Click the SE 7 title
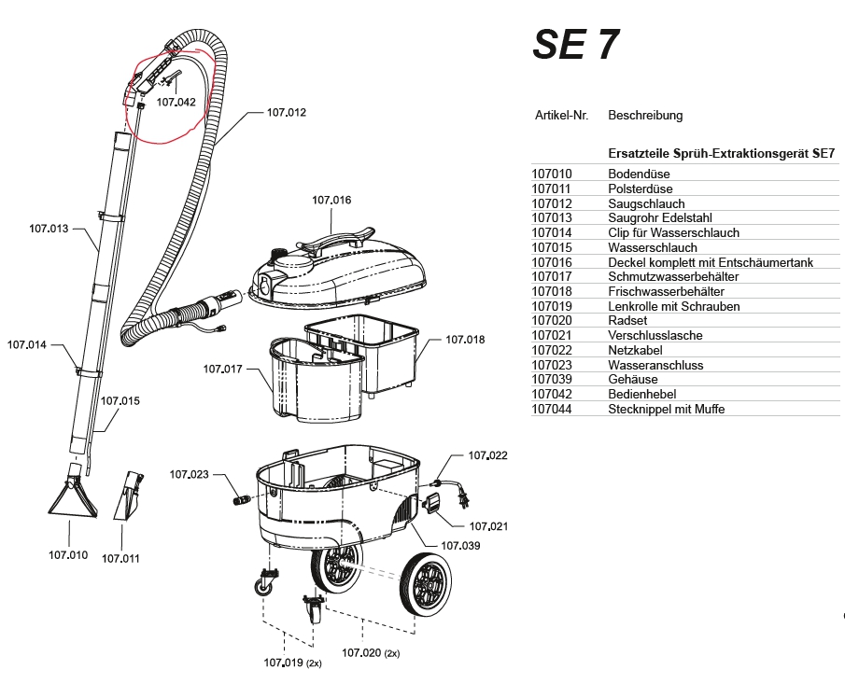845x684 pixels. tap(575, 44)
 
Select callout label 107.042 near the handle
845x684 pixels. tap(176, 102)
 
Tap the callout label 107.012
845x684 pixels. tap(286, 112)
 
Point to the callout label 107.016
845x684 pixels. tap(331, 200)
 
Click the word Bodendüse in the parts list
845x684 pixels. tap(639, 174)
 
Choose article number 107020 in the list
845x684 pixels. tap(551, 320)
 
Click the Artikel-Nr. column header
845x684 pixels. tap(561, 116)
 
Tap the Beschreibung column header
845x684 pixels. tap(645, 116)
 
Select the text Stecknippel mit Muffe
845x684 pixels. tap(666, 409)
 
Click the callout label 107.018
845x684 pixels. tap(465, 340)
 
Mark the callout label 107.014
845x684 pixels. tap(27, 344)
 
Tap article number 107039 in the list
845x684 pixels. tap(551, 380)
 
